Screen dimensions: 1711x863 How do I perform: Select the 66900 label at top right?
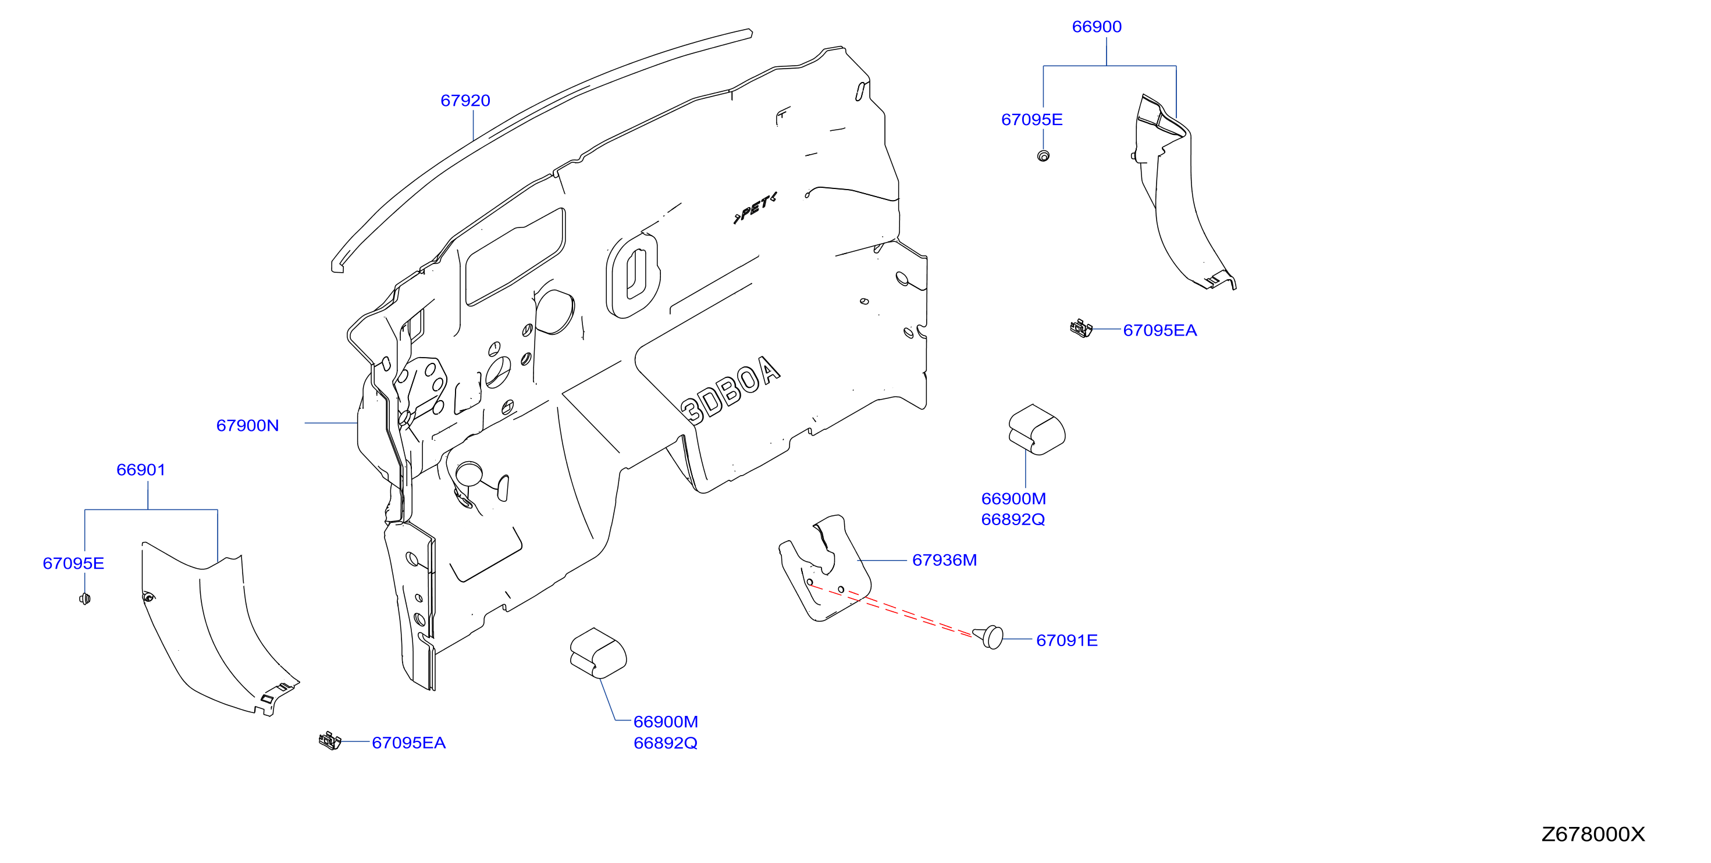[1097, 27]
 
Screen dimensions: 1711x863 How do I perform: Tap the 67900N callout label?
[248, 426]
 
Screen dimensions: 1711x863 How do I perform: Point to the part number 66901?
[141, 470]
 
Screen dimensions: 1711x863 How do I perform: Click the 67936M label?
[944, 560]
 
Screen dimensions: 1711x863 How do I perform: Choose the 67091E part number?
[1067, 641]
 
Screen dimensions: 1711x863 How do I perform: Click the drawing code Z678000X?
[1593, 835]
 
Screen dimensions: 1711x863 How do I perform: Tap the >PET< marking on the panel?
[755, 208]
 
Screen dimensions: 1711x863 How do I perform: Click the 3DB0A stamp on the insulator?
[731, 390]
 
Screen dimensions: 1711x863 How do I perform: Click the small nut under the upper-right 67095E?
[1044, 156]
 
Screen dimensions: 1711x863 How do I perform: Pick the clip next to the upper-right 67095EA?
[1082, 328]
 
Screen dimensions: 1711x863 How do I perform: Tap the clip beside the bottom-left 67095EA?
[330, 740]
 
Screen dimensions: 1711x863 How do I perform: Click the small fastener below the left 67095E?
[84, 599]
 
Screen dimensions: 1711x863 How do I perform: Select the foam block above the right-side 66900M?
[1037, 430]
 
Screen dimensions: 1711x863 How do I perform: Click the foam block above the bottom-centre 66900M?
[599, 653]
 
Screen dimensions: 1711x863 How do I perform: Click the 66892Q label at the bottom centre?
[666, 744]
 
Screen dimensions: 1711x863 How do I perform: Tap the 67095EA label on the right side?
[1159, 330]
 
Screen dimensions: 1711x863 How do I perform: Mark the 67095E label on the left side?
[73, 564]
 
